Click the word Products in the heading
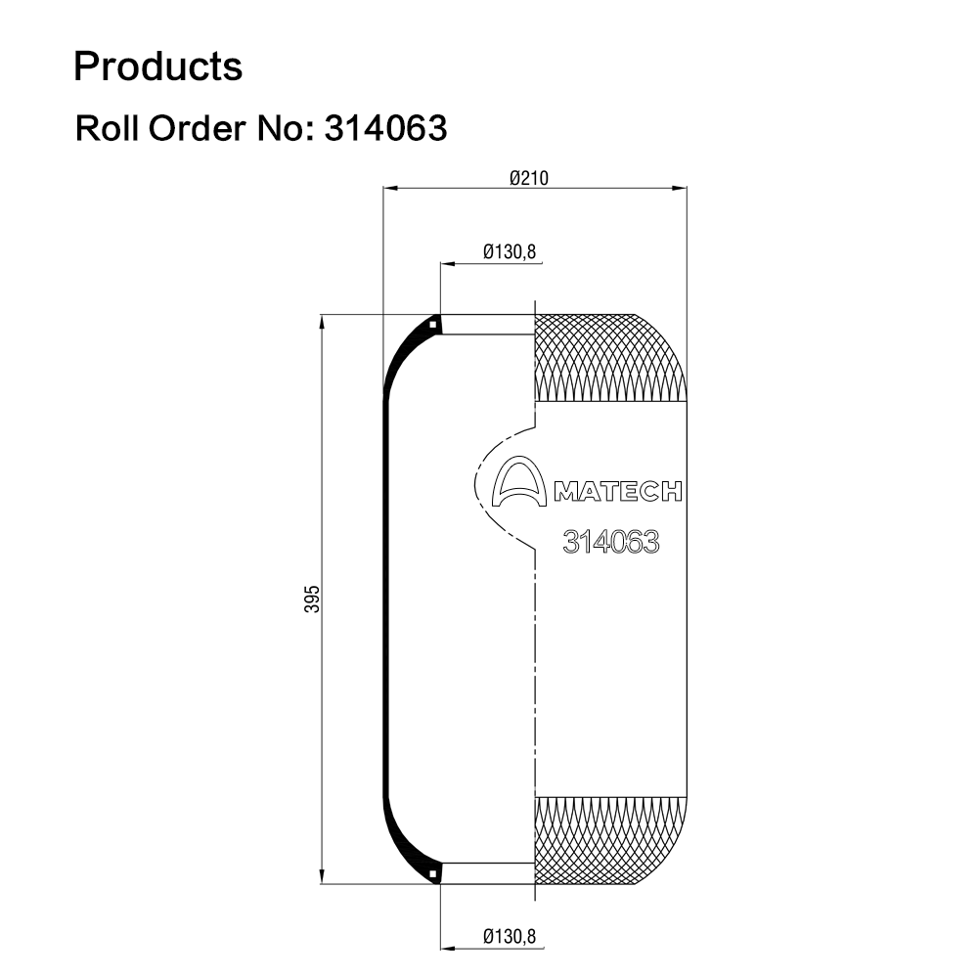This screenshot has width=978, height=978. (x=157, y=67)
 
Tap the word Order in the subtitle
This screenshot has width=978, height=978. (x=197, y=128)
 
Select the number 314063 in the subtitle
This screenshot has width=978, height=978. (x=385, y=128)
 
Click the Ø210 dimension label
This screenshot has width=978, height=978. (x=529, y=178)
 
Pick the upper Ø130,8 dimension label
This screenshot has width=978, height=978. (x=510, y=252)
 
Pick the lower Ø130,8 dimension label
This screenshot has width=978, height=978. (x=510, y=936)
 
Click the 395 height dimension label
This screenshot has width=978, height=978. (x=311, y=599)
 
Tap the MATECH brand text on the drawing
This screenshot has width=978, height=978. (x=618, y=492)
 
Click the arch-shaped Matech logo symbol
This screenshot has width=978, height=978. (x=519, y=481)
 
